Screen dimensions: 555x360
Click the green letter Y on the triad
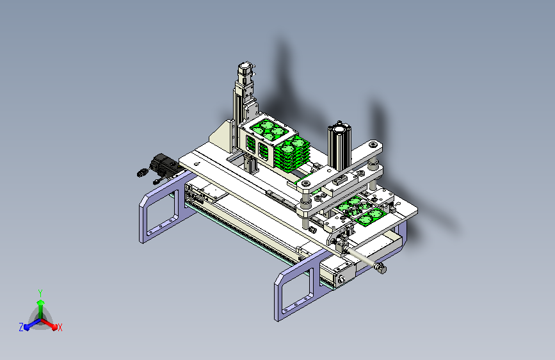[x=40, y=293]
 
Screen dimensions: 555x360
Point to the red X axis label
[x=60, y=327]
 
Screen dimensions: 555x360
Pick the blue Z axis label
[x=21, y=327]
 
